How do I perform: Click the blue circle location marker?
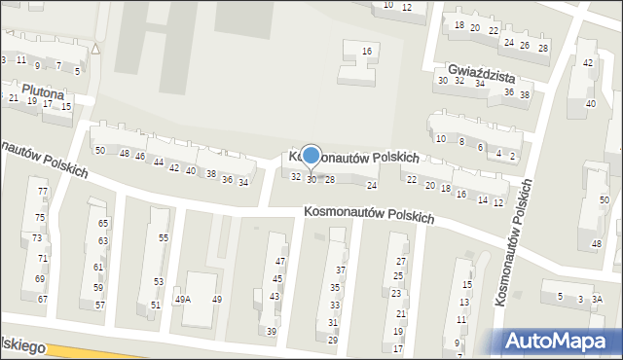[311, 156]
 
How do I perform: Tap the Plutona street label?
[40, 94]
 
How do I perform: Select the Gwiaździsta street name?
[481, 74]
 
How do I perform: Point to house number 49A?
[183, 300]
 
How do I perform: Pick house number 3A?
[598, 299]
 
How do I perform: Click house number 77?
[41, 192]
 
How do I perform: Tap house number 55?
[164, 238]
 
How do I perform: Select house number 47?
[279, 262]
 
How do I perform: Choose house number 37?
[341, 270]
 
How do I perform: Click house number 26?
[526, 46]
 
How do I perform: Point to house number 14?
[480, 198]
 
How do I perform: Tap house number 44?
[158, 162]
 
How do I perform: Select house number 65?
[103, 224]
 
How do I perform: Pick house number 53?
[158, 281]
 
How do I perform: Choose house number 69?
[41, 279]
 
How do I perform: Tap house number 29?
[332, 340]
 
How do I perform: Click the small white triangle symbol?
[95, 48]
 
